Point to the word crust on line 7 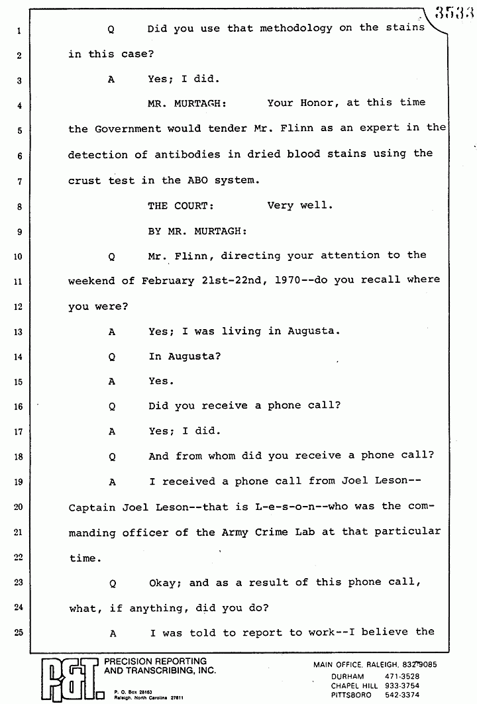85,180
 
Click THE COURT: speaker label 181,206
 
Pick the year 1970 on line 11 287,280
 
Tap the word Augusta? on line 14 185,356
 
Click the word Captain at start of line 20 92,507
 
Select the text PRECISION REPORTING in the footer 151,662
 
